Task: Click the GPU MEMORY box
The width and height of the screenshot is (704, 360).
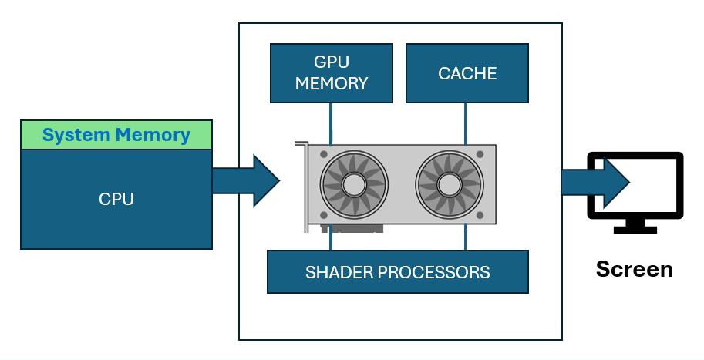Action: (x=332, y=73)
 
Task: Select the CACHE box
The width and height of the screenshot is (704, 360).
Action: (x=467, y=73)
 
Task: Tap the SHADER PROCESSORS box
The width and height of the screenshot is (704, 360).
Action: (x=398, y=272)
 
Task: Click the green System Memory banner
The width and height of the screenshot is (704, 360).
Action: (x=116, y=135)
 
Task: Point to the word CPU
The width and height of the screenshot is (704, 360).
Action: (x=116, y=199)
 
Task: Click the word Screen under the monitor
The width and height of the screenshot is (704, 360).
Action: (x=635, y=269)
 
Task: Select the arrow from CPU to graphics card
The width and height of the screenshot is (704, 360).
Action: (x=246, y=181)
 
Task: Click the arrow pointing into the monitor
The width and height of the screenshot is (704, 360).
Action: (x=595, y=182)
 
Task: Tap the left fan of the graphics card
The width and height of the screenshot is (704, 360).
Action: (x=354, y=184)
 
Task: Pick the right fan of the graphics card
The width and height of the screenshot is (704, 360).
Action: (x=450, y=184)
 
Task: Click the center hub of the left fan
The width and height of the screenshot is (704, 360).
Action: (x=354, y=184)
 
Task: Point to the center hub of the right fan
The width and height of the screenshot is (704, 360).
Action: (x=450, y=184)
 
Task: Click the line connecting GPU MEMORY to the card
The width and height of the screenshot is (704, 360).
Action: (x=331, y=124)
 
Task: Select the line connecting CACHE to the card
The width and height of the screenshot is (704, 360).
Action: (x=465, y=124)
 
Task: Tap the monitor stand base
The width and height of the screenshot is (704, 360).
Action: (x=635, y=230)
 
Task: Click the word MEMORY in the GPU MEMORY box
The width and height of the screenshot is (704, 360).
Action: (x=332, y=83)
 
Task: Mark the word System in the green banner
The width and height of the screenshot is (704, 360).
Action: (x=76, y=135)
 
